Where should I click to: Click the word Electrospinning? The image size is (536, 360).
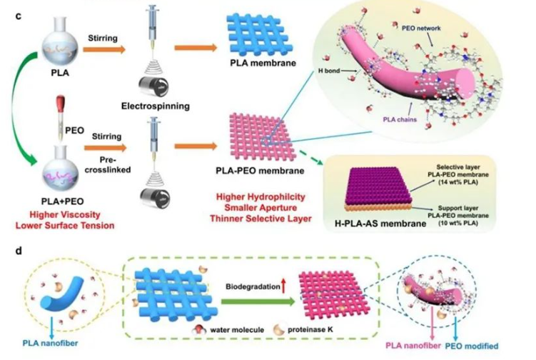pyautogui.click(x=166, y=105)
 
